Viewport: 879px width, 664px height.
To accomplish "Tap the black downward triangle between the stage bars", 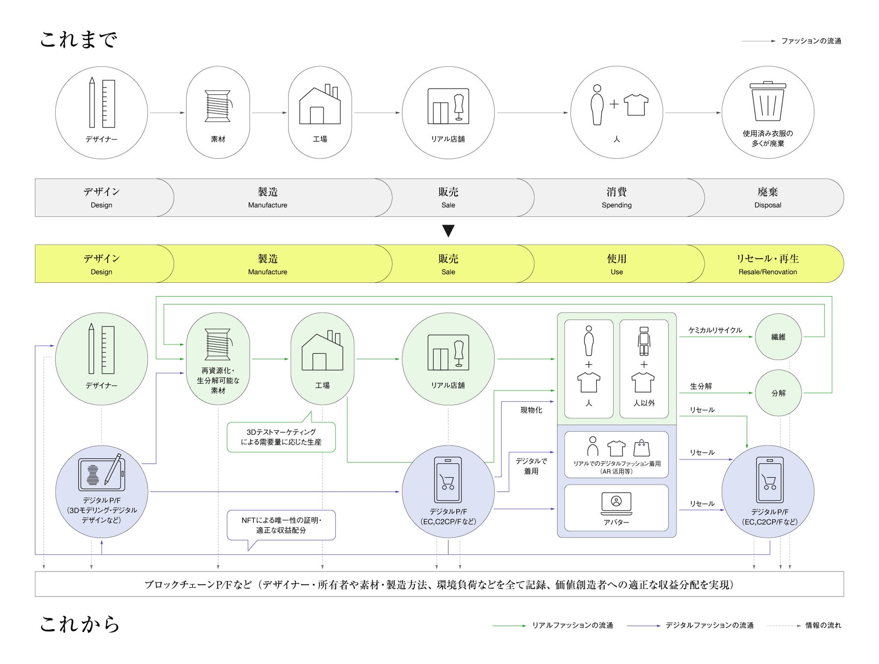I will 448,231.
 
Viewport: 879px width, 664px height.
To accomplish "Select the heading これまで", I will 79,40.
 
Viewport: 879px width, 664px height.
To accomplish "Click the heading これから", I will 80,624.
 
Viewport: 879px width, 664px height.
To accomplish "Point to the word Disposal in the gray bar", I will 767,205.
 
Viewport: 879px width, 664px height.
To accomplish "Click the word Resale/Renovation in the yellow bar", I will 767,272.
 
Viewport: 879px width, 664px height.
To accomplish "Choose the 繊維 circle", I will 778,337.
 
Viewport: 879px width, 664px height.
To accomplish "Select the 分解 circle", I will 778,393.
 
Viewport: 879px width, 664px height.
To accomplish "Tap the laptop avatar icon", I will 616,503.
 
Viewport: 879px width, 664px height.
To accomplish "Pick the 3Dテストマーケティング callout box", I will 281,437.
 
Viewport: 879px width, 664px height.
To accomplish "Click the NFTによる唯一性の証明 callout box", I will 281,525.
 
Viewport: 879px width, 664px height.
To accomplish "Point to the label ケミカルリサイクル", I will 715,330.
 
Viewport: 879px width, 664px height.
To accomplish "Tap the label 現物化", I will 531,410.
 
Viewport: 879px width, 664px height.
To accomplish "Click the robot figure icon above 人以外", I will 644,341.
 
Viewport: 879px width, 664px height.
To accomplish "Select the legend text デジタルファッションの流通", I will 709,626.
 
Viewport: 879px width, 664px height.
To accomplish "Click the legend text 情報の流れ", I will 823,626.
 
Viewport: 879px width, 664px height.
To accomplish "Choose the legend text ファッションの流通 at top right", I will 811,41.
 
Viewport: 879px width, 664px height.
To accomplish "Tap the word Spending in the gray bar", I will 616,205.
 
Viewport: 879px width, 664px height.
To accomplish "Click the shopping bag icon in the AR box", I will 642,448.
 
